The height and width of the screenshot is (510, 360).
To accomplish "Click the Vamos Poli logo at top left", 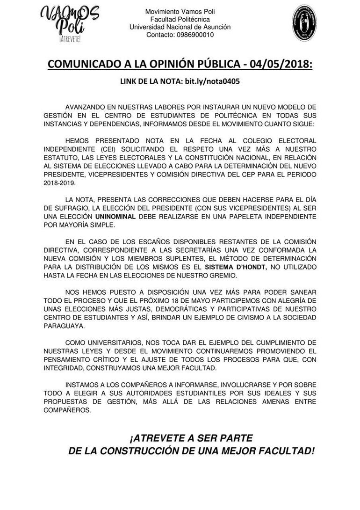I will [70, 23].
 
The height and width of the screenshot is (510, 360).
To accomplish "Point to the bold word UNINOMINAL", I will [118, 217].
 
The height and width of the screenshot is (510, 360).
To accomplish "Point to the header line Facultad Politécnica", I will [180, 19].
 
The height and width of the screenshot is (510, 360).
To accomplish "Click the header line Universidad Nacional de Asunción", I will [180, 27].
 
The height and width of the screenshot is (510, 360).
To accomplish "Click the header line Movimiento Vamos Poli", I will [180, 11].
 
